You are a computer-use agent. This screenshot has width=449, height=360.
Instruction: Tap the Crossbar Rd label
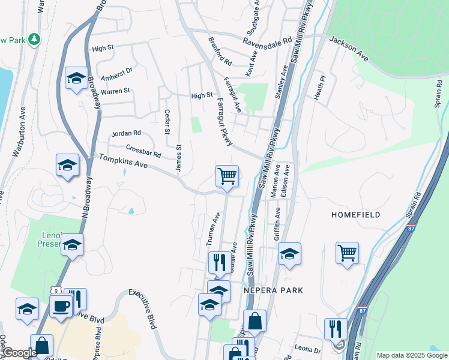point(143,151)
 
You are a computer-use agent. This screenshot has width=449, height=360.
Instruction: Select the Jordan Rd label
point(127,133)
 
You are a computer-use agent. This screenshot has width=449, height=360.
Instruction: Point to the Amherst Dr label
point(115,70)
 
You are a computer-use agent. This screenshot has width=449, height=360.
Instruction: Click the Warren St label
point(115,91)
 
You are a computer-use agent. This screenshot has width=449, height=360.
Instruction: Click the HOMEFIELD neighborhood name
point(357,214)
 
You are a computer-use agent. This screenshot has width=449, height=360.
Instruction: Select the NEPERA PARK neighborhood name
point(273,290)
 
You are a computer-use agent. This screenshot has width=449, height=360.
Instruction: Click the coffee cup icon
point(61,307)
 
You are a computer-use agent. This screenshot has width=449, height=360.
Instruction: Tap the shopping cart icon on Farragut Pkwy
point(227,176)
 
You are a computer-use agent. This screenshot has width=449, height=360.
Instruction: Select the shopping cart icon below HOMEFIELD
point(347,253)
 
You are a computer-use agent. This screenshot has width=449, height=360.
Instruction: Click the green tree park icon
point(35,39)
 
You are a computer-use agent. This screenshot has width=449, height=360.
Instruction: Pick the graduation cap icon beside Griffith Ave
point(289,254)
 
